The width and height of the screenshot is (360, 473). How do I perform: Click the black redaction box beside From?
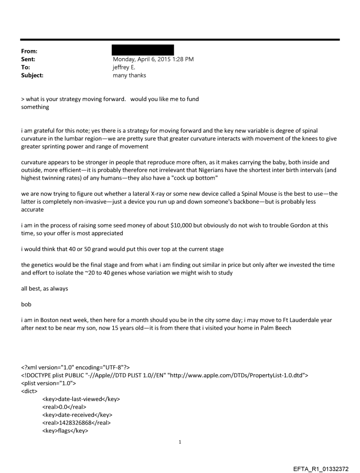tap(143, 50)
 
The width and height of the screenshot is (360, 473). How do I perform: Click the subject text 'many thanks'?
tap(130, 75)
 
